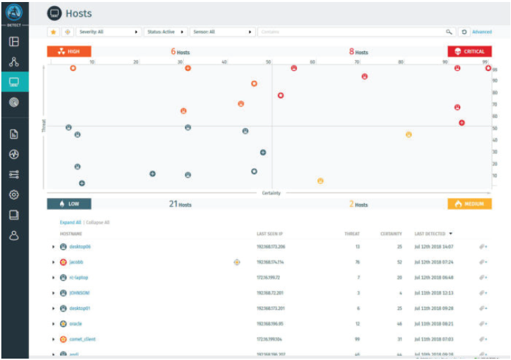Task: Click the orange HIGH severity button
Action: click(68, 51)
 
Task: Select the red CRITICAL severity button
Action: click(470, 51)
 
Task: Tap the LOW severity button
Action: click(68, 203)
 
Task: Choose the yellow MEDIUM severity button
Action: click(469, 203)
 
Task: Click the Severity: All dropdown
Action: click(108, 32)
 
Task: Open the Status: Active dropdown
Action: click(166, 32)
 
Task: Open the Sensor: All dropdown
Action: click(223, 32)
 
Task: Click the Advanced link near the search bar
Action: click(482, 32)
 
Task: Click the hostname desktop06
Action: click(80, 247)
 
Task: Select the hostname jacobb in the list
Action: click(76, 262)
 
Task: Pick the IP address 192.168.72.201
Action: click(270, 293)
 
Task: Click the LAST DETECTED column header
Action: click(431, 233)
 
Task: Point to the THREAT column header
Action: click(352, 233)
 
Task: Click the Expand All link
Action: click(70, 222)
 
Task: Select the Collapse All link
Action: click(97, 222)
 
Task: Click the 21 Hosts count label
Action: click(180, 203)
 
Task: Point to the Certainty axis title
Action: click(271, 193)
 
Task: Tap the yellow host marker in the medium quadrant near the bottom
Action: click(320, 181)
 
